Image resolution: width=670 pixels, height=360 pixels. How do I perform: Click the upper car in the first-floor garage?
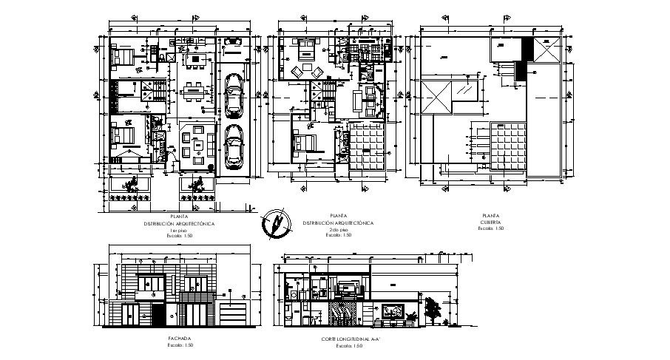point(234,95)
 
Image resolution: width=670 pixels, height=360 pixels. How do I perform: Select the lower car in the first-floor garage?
point(234,146)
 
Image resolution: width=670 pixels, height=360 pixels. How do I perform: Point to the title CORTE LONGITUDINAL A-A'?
point(344,339)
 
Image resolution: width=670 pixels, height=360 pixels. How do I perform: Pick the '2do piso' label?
point(337,231)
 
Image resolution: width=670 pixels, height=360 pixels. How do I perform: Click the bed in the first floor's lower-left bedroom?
point(121,139)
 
